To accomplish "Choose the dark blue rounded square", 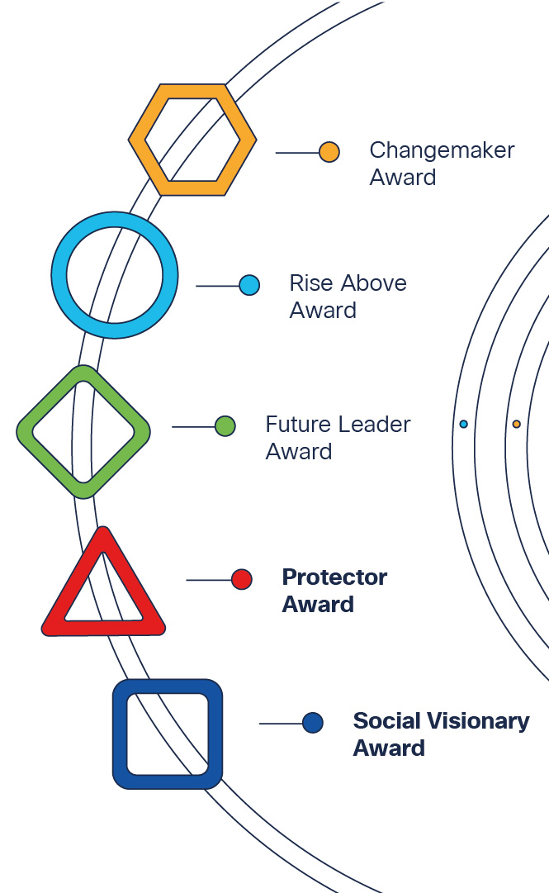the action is (x=121, y=734).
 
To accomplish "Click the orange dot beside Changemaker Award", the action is (x=329, y=153).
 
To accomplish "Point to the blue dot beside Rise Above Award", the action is (x=249, y=286).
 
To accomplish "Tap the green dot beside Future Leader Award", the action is (x=225, y=426).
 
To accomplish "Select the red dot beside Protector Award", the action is (x=241, y=580).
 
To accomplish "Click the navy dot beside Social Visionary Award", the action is (x=312, y=723).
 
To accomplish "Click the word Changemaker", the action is (x=442, y=150).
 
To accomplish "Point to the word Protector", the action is (x=334, y=577).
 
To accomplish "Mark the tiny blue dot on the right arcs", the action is (x=463, y=424).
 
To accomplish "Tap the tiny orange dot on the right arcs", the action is (x=516, y=424).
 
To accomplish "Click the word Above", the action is (x=376, y=283).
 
